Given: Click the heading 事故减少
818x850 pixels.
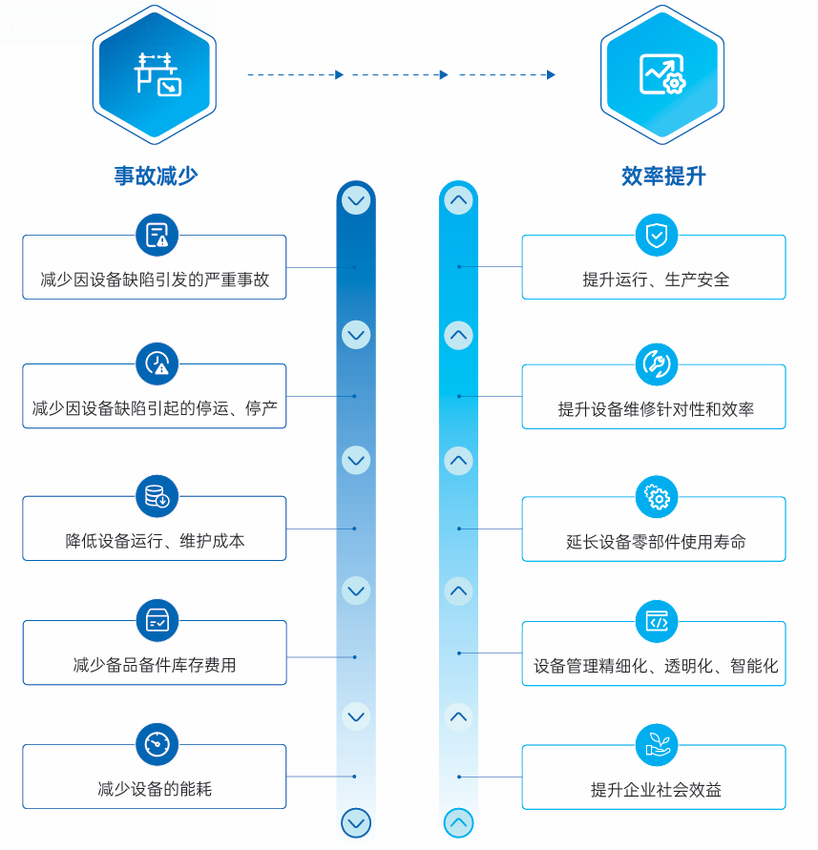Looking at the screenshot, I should click(156, 176).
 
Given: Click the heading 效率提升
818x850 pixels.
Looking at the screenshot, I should click(663, 176).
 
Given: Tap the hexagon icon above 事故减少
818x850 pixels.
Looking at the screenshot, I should click(156, 73).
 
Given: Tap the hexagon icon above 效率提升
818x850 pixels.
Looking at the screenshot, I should click(662, 73).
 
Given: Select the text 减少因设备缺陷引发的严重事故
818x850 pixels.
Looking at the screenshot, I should click(155, 280).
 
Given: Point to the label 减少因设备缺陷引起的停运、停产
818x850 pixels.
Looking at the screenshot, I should click(155, 408).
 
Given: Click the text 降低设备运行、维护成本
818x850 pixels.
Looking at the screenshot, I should click(155, 541).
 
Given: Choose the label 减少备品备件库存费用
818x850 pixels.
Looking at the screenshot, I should click(155, 665).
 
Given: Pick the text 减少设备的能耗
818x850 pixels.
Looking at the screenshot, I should click(155, 789).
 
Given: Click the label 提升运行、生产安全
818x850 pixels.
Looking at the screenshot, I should click(656, 280).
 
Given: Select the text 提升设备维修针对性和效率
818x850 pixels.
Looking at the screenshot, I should click(656, 409).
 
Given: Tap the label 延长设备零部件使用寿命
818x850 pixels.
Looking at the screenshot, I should click(656, 542).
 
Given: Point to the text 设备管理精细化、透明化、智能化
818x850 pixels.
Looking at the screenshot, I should click(656, 666).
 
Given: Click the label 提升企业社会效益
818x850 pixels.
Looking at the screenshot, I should click(656, 790).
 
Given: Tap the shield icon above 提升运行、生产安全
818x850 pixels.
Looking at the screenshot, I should click(657, 235).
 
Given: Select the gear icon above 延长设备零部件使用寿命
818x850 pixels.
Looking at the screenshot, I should click(657, 497).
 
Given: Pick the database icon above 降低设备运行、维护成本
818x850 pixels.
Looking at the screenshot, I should click(157, 496).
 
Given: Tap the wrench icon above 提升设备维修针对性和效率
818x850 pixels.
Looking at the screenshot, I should click(657, 363).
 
